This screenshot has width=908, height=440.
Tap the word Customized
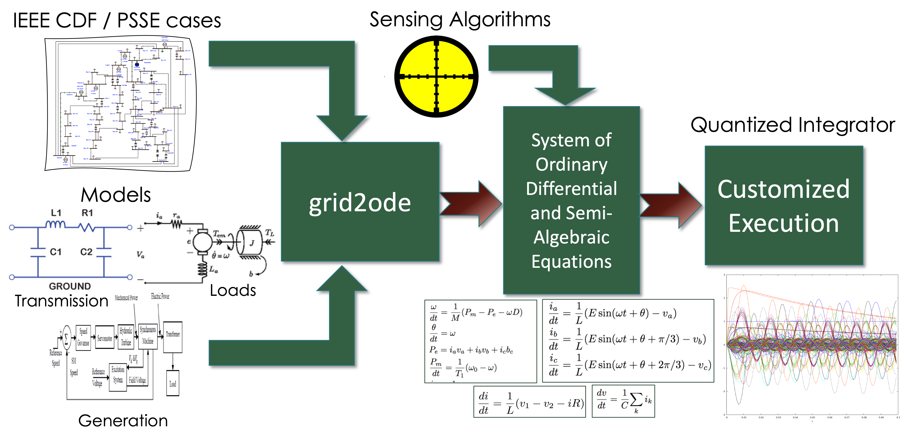pyautogui.click(x=783, y=189)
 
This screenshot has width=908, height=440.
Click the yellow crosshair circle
pyautogui.click(x=436, y=76)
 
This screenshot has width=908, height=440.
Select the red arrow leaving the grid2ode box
pyautogui.click(x=471, y=204)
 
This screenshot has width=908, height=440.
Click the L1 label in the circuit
pyautogui.click(x=56, y=213)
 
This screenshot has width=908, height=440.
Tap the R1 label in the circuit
pyautogui.click(x=87, y=213)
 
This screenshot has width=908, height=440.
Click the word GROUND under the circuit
pyautogui.click(x=70, y=286)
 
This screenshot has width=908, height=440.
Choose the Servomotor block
pyautogui.click(x=105, y=338)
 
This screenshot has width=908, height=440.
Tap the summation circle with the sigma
pyautogui.click(x=66, y=338)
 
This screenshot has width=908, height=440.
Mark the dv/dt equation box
pyautogui.click(x=623, y=401)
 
